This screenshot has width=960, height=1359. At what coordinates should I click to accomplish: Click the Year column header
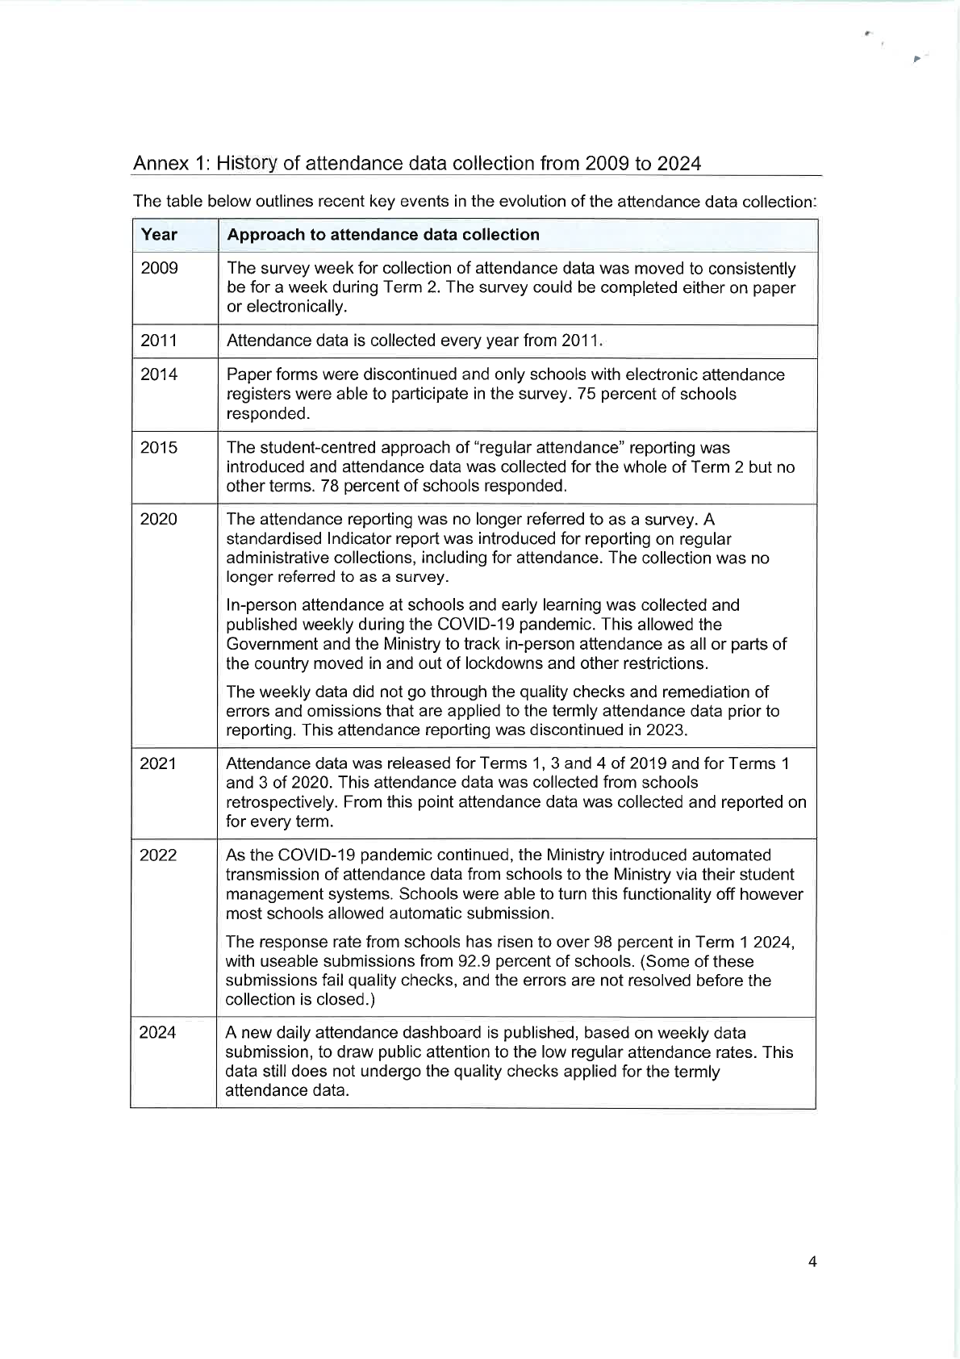pyautogui.click(x=159, y=235)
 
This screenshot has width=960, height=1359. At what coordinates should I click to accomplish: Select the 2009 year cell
pyautogui.click(x=159, y=269)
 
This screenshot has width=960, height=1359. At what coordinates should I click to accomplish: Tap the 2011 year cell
pyautogui.click(x=159, y=341)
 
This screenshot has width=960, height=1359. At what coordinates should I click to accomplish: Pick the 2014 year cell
pyautogui.click(x=159, y=374)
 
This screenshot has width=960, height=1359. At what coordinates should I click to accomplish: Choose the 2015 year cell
pyautogui.click(x=159, y=448)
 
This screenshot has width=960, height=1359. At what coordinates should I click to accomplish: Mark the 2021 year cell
pyautogui.click(x=158, y=763)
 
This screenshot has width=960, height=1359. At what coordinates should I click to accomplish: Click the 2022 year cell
pyautogui.click(x=158, y=855)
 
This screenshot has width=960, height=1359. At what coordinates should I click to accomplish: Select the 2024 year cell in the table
pyautogui.click(x=158, y=1033)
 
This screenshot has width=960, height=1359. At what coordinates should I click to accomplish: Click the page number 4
pyautogui.click(x=812, y=1262)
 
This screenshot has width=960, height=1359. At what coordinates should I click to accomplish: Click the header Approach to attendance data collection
pyautogui.click(x=383, y=235)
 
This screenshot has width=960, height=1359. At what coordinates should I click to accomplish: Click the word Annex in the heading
pyautogui.click(x=160, y=164)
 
